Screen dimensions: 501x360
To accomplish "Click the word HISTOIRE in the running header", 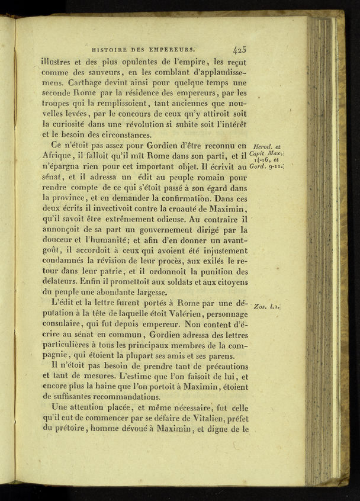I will pyautogui.click(x=109, y=51).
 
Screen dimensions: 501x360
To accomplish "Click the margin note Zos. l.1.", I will pyautogui.click(x=266, y=307).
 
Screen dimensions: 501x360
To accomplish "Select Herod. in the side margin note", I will pyautogui.click(x=262, y=146).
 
